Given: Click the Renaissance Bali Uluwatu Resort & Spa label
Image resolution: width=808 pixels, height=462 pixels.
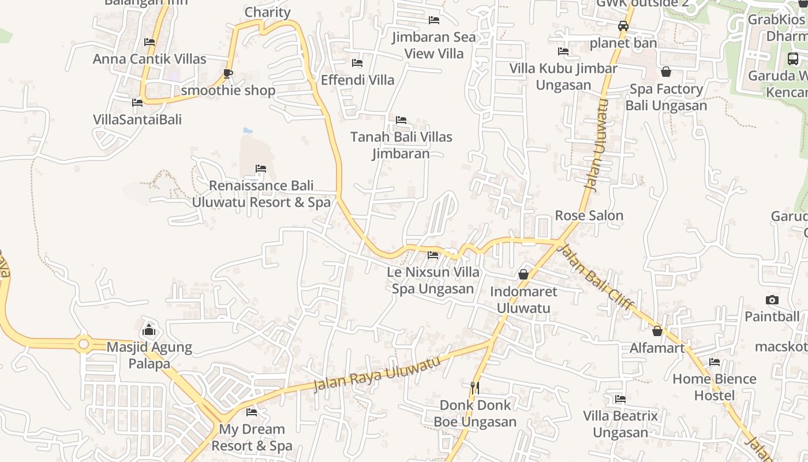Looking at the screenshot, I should [x=261, y=194].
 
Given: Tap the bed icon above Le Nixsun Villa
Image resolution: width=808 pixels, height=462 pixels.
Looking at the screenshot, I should [x=433, y=255].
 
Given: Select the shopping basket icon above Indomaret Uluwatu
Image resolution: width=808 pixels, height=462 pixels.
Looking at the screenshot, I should [x=523, y=274].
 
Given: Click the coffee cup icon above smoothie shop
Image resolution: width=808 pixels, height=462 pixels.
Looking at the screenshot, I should [x=228, y=73].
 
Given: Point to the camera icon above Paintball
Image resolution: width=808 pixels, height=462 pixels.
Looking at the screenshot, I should [x=772, y=300].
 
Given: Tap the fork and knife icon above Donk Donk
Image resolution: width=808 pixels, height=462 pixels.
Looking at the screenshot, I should [x=475, y=388].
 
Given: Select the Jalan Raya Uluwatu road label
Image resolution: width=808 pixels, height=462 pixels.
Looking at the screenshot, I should [x=376, y=372].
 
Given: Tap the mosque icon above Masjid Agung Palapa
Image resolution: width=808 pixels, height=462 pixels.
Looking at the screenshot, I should [x=149, y=330].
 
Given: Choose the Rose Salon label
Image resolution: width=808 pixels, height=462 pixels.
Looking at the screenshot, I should [x=589, y=215].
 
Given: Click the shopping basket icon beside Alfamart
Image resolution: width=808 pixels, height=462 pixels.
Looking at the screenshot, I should [x=657, y=331].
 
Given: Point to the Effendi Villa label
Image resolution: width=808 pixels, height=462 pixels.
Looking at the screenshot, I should [x=358, y=80].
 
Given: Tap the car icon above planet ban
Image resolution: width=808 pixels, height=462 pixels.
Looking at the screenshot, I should [x=623, y=26].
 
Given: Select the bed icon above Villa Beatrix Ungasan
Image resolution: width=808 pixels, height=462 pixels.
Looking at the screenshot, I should [x=620, y=399].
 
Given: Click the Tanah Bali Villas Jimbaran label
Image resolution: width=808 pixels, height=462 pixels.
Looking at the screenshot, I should [x=402, y=145].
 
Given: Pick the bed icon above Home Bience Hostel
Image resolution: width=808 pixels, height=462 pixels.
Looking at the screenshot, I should [x=715, y=362].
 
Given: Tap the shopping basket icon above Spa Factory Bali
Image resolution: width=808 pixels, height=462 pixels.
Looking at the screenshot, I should [x=666, y=72].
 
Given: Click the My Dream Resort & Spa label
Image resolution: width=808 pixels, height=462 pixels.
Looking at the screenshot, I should [x=252, y=437].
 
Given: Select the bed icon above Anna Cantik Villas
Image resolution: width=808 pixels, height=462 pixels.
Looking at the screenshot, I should [x=149, y=42].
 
